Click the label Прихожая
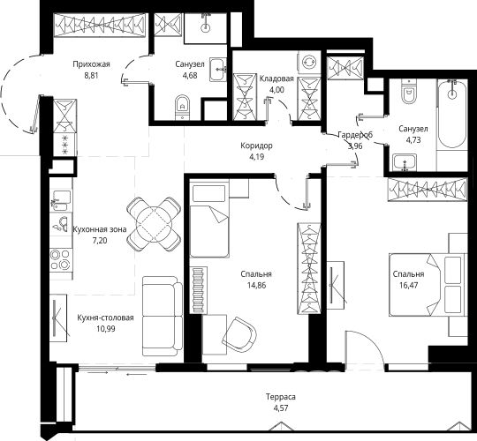click(91, 64)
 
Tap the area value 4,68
click(190, 75)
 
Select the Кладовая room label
click(276, 79)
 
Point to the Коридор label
click(256, 146)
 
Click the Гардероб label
click(355, 135)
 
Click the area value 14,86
click(256, 286)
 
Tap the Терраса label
click(281, 397)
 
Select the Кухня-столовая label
click(105, 318)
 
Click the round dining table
click(154, 224)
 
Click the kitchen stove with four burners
click(61, 259)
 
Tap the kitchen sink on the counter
click(61, 200)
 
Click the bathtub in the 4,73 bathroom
click(451, 114)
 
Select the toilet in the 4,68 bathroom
click(182, 108)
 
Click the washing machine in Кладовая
click(310, 63)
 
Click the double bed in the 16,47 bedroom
click(428, 285)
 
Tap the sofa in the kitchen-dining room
click(163, 316)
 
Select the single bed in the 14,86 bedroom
click(209, 219)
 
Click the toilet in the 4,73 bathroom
click(407, 91)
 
